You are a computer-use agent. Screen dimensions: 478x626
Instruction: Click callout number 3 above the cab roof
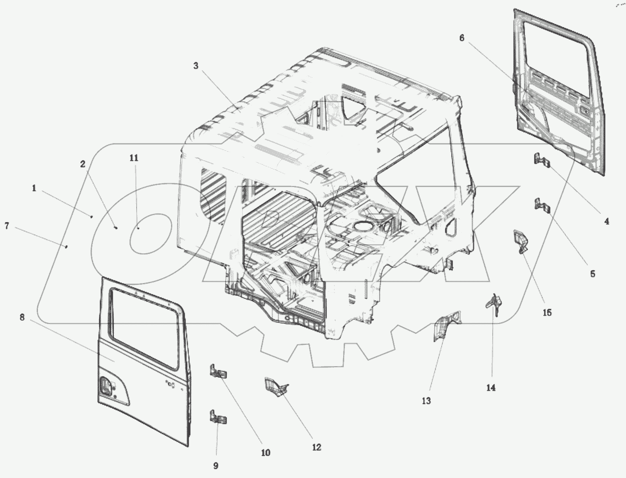tap(196, 66)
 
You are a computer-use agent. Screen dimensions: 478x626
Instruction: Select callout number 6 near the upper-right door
tap(462, 38)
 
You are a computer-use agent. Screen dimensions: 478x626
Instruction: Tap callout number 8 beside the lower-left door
tap(22, 317)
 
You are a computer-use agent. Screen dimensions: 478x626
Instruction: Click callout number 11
tap(134, 158)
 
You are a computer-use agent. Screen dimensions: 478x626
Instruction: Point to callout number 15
tap(547, 312)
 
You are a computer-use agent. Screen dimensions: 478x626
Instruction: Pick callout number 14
tap(491, 388)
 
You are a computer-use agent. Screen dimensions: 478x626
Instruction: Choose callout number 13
tap(426, 401)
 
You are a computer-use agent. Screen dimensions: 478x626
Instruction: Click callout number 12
tap(317, 447)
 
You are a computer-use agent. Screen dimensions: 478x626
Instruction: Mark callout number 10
tap(266, 453)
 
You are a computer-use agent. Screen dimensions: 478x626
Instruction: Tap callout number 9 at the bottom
tap(215, 466)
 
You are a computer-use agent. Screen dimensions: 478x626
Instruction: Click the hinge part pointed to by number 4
tap(541, 160)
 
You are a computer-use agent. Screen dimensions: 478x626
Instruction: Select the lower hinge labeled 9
tap(218, 417)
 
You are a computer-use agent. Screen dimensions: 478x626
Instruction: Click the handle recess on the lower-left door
tap(106, 386)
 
